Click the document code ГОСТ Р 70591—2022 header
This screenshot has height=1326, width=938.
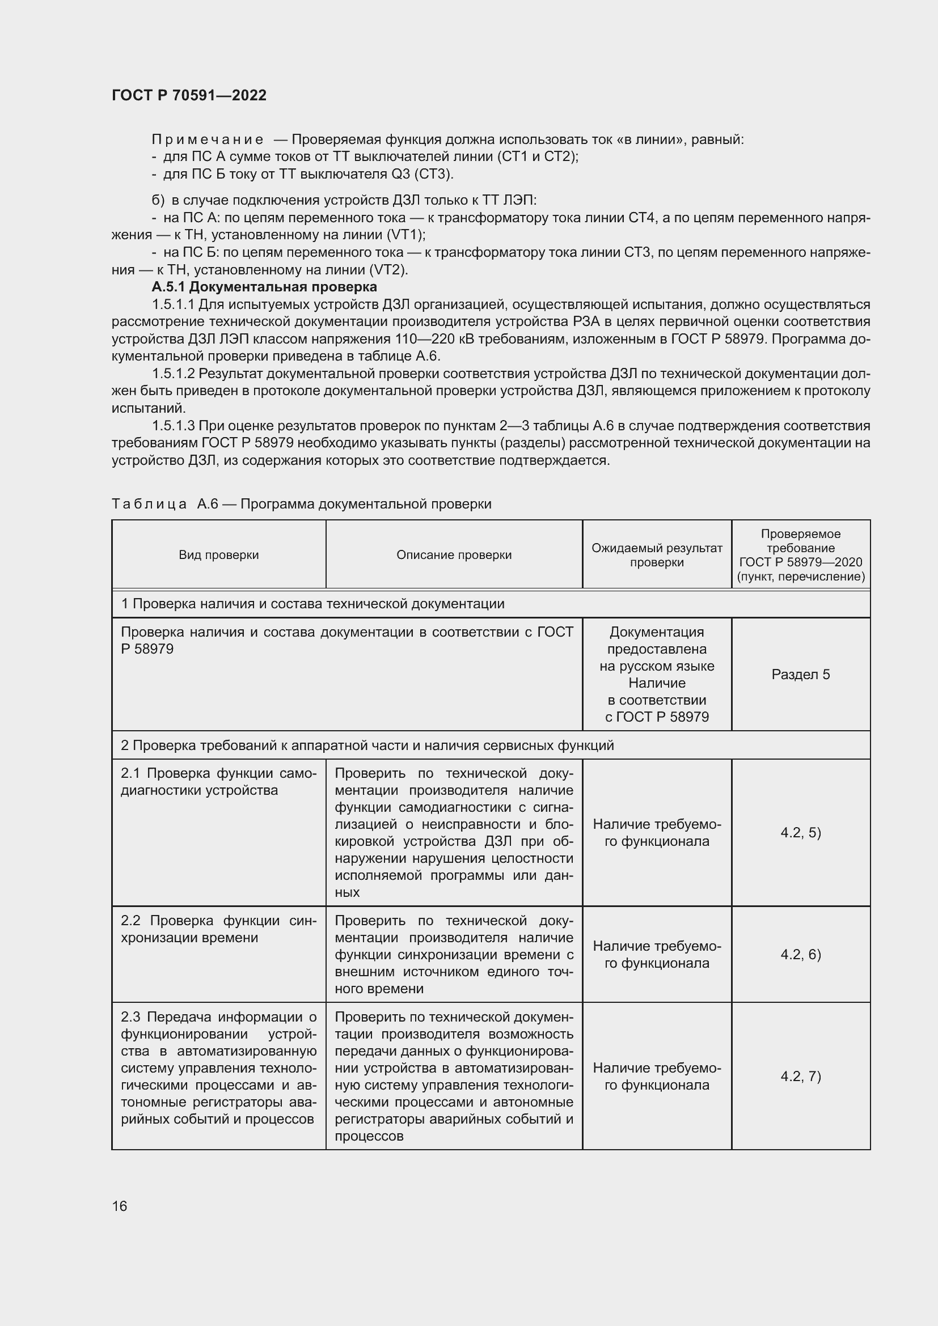click(189, 96)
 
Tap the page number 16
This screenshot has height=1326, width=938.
click(120, 1206)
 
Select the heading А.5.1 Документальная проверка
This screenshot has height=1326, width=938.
click(264, 287)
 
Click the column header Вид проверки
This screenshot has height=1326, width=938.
click(218, 555)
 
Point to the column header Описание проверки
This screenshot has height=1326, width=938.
click(454, 555)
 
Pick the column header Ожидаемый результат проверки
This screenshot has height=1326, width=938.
click(657, 555)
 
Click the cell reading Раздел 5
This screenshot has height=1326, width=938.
click(801, 675)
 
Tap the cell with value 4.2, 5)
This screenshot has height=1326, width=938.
click(801, 832)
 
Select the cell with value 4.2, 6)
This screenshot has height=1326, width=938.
click(801, 954)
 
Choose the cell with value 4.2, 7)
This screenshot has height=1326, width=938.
click(801, 1076)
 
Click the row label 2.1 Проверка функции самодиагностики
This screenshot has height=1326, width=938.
click(218, 782)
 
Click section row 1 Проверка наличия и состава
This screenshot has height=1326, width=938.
click(312, 604)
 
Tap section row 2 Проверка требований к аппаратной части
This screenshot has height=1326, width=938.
click(367, 745)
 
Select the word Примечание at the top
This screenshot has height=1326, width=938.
click(208, 140)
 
